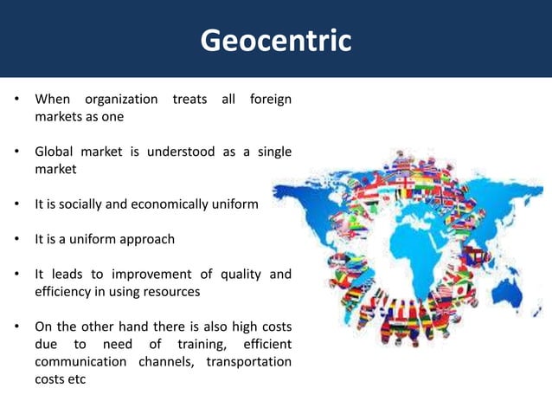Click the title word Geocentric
[276, 40]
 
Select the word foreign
[270, 100]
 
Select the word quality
[241, 275]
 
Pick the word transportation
[248, 362]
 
